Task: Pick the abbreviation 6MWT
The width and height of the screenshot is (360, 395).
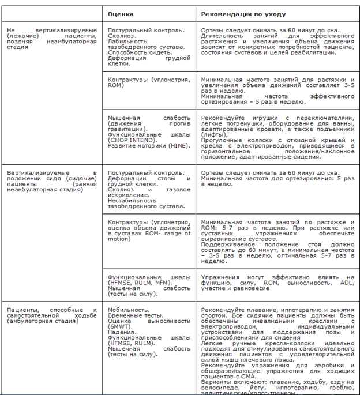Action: point(119,327)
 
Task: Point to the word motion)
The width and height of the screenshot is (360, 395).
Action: point(119,239)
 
